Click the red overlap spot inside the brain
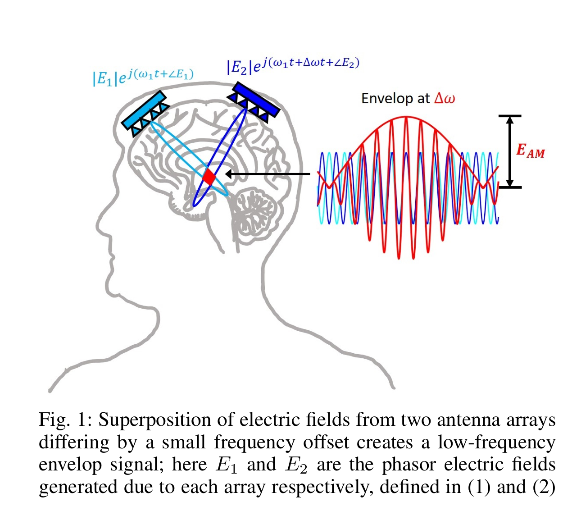click(x=209, y=176)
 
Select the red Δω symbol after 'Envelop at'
click(x=445, y=98)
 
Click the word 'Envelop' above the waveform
click(x=388, y=98)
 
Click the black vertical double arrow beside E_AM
click(x=510, y=151)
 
